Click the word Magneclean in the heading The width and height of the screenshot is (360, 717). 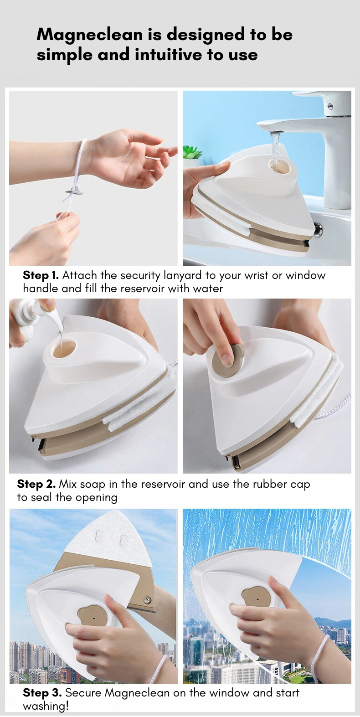pyautogui.click(x=90, y=35)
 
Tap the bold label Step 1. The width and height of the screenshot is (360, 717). pyautogui.click(x=41, y=275)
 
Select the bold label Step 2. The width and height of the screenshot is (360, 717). pyautogui.click(x=36, y=484)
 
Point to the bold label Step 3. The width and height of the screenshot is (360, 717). pyautogui.click(x=42, y=692)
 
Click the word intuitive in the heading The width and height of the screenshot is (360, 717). pyautogui.click(x=169, y=54)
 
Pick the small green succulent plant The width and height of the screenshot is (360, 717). pyautogui.click(x=192, y=152)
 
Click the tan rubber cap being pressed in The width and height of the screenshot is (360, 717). pyautogui.click(x=228, y=360)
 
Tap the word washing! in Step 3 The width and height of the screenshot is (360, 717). pyautogui.click(x=46, y=706)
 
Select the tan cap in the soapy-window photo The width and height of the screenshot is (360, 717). pyautogui.click(x=256, y=598)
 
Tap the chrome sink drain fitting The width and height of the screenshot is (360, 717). pyautogui.click(x=318, y=229)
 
